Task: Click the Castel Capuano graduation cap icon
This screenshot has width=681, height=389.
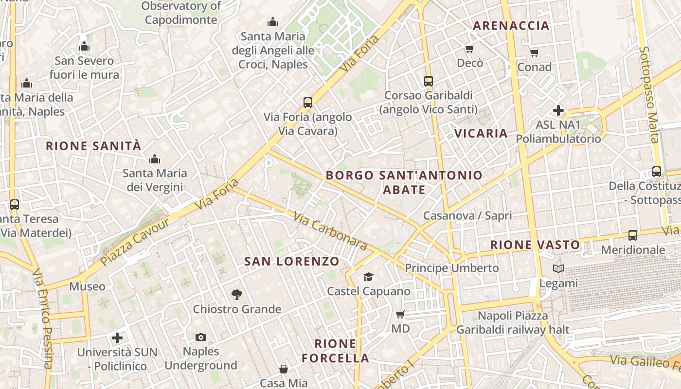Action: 368,277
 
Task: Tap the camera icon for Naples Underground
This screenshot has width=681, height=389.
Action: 200,337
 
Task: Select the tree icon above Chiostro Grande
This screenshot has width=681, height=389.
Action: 237,294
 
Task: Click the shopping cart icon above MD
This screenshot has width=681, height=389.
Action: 400,314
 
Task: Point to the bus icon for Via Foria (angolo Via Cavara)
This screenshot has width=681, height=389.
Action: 307,103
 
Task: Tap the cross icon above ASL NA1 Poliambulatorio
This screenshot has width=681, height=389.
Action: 558,110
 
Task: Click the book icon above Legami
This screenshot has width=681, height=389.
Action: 558,268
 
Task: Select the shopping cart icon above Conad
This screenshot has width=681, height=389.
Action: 534,53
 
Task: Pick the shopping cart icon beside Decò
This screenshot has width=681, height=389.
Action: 469,49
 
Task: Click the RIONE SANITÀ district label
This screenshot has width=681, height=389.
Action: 93,146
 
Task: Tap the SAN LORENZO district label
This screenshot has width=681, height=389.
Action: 292,262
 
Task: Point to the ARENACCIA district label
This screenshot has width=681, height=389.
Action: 511,26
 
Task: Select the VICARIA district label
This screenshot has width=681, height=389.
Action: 481,133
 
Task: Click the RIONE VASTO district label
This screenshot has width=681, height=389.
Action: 535,245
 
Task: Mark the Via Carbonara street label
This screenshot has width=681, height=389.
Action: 330,231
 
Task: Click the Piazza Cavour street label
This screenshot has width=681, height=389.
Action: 135,242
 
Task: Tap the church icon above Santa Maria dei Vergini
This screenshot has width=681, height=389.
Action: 155,159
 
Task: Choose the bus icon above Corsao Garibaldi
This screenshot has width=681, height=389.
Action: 428,81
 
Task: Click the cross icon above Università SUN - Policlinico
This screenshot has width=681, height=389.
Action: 117,338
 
